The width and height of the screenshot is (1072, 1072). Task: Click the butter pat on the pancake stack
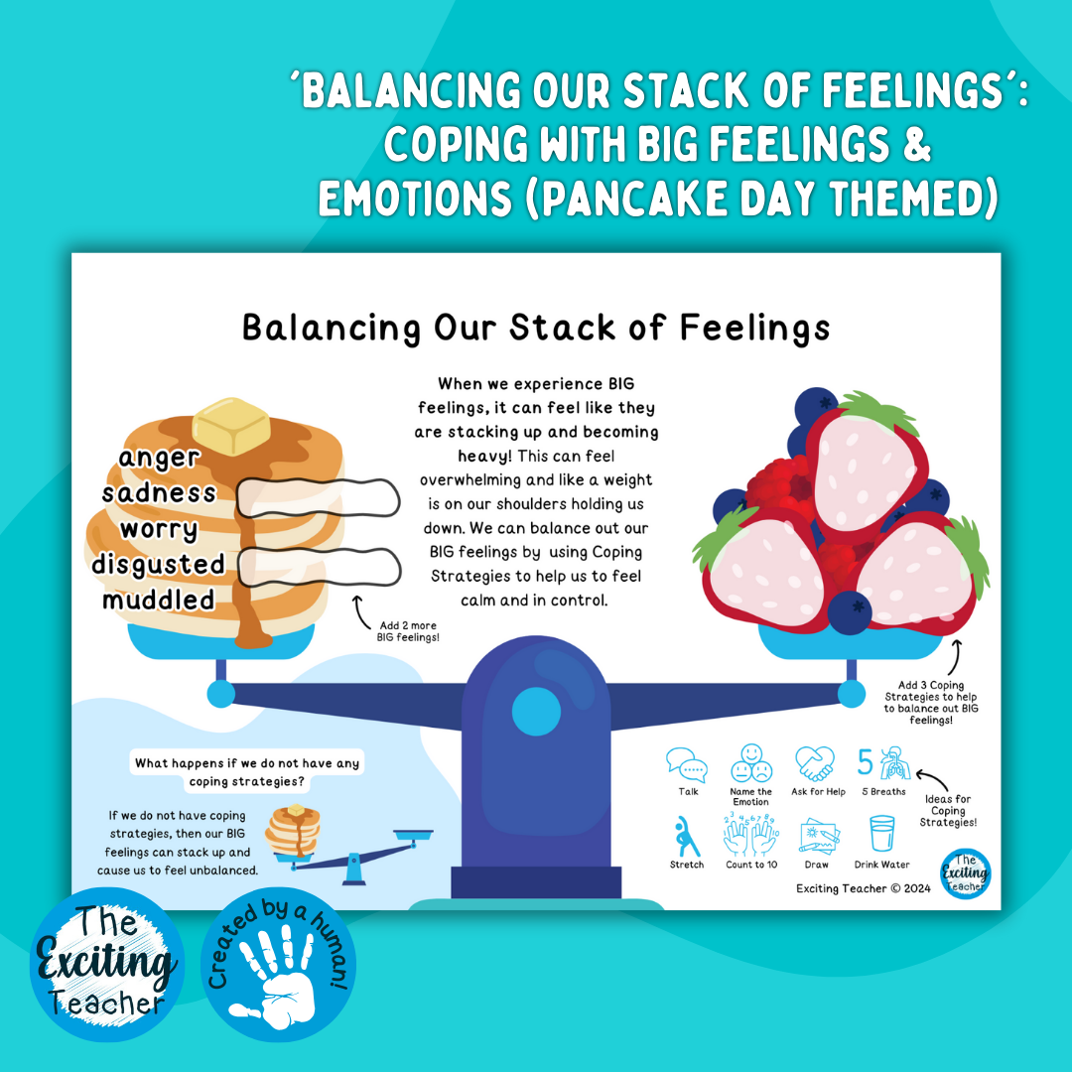[231, 428]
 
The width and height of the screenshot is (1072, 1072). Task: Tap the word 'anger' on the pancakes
[159, 458]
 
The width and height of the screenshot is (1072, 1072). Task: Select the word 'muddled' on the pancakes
[159, 600]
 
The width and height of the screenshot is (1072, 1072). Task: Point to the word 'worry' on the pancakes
[159, 528]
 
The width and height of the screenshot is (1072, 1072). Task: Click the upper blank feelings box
[320, 494]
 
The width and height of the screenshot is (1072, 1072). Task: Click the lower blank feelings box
[320, 567]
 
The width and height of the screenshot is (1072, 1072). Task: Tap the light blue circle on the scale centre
[536, 712]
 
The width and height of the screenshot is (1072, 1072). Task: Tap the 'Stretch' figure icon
[687, 837]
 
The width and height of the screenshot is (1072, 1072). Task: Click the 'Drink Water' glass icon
[881, 835]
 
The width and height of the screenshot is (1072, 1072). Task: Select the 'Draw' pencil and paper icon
[817, 836]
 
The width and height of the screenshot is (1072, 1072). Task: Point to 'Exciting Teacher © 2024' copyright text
[863, 888]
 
